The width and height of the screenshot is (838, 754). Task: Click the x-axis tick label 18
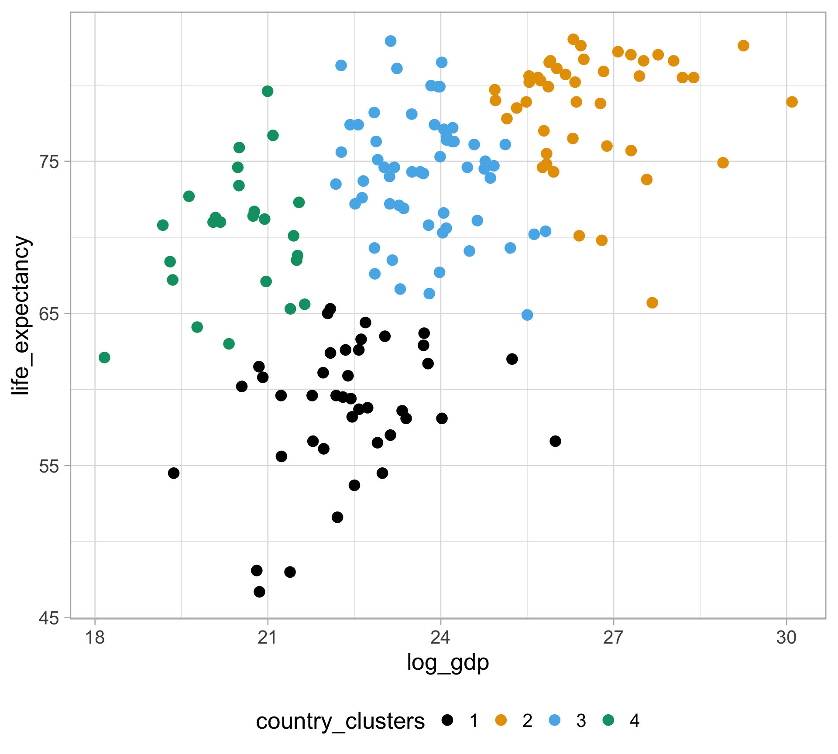tap(95, 638)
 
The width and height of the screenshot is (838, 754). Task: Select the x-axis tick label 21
tap(268, 638)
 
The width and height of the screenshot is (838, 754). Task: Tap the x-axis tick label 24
tap(440, 638)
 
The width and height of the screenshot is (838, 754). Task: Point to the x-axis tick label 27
tap(613, 638)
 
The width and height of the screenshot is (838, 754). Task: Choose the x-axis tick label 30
tap(786, 638)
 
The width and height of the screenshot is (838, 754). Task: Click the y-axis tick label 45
tap(49, 618)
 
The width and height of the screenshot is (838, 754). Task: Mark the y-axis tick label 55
tap(49, 466)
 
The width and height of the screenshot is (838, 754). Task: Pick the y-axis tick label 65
tap(49, 314)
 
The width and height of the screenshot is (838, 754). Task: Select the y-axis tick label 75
tap(49, 162)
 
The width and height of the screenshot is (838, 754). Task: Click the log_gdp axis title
tap(448, 662)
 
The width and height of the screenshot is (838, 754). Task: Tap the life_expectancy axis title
tap(21, 315)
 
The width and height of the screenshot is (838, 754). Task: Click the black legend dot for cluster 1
tap(447, 720)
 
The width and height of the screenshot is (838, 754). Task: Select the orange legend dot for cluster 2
tap(501, 720)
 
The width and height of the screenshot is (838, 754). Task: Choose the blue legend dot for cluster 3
tap(554, 720)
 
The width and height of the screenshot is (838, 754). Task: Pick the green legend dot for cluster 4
tap(608, 720)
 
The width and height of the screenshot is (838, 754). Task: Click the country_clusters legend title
tap(340, 721)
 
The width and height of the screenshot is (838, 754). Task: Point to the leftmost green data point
tap(104, 357)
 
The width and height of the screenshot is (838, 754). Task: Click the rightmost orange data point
tap(792, 102)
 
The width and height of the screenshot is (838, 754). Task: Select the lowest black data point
tap(259, 592)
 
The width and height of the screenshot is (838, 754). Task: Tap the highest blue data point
tap(391, 41)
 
